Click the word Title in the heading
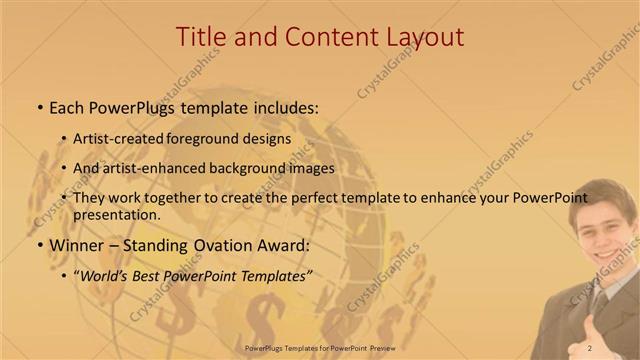pos(200,37)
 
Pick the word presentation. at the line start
pos(117,214)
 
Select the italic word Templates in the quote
pos(272,276)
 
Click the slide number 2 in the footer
pos(590,347)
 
